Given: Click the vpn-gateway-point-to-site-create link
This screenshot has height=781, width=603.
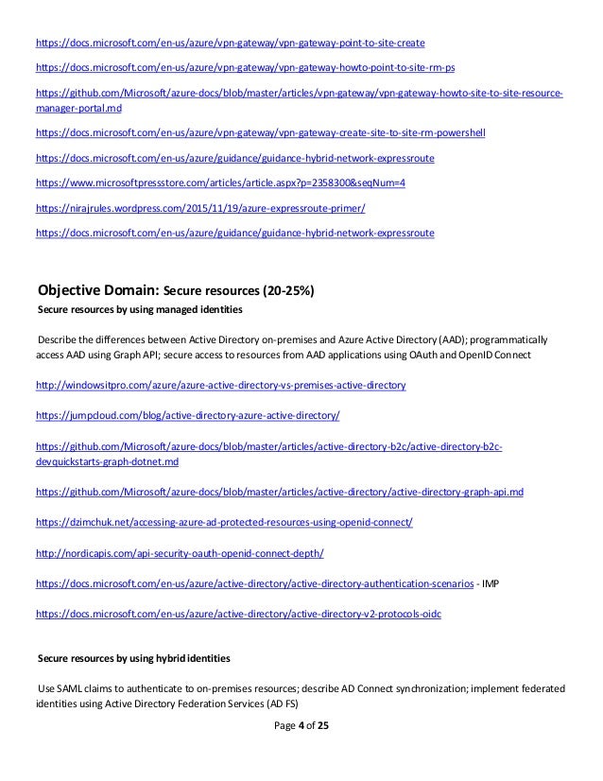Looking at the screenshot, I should pyautogui.click(x=230, y=43).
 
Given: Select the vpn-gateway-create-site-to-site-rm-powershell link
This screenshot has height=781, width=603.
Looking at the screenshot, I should pyautogui.click(x=259, y=134).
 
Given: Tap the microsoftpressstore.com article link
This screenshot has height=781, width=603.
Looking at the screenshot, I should pyautogui.click(x=219, y=182).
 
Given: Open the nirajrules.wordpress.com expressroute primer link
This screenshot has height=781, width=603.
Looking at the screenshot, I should pyautogui.click(x=198, y=206).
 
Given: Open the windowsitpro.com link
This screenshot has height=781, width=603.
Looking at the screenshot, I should pyautogui.click(x=220, y=387).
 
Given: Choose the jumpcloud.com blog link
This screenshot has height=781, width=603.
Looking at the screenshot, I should pyautogui.click(x=187, y=416).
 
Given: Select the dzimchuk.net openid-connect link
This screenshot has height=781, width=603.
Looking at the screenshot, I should pyautogui.click(x=224, y=522).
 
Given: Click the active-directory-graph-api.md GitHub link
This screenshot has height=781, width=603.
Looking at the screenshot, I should pyautogui.click(x=279, y=493).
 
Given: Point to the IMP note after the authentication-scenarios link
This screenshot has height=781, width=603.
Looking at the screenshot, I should pyautogui.click(x=491, y=584).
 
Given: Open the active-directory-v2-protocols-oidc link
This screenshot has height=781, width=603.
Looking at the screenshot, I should pyautogui.click(x=238, y=614).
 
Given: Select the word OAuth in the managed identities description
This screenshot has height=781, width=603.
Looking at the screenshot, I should pyautogui.click(x=427, y=355).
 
